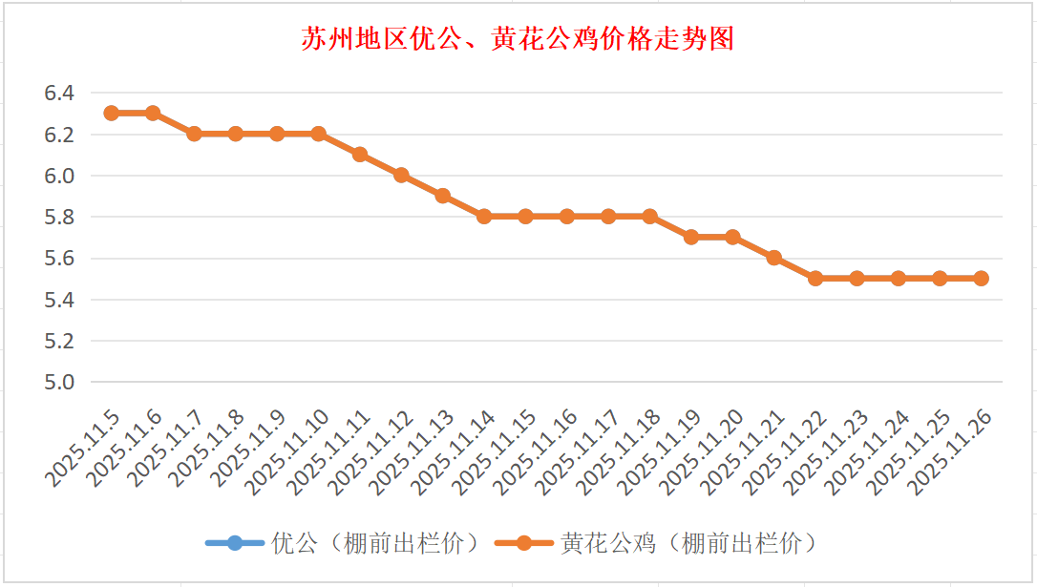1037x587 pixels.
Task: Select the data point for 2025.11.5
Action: tap(111, 113)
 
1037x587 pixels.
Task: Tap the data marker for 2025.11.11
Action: tap(359, 155)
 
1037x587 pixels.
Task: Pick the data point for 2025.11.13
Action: tap(442, 196)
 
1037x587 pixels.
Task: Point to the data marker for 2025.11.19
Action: tap(690, 237)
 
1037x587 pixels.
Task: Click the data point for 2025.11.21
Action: tap(773, 258)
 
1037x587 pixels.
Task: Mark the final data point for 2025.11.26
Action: tap(981, 279)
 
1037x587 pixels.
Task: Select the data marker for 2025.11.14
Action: tap(484, 217)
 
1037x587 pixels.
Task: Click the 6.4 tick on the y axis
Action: tap(58, 94)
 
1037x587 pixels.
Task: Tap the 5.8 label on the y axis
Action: tap(58, 218)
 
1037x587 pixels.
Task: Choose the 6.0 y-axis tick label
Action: tap(58, 177)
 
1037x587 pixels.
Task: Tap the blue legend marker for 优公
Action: tap(234, 544)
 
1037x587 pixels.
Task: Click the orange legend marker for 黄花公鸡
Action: tap(523, 544)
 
